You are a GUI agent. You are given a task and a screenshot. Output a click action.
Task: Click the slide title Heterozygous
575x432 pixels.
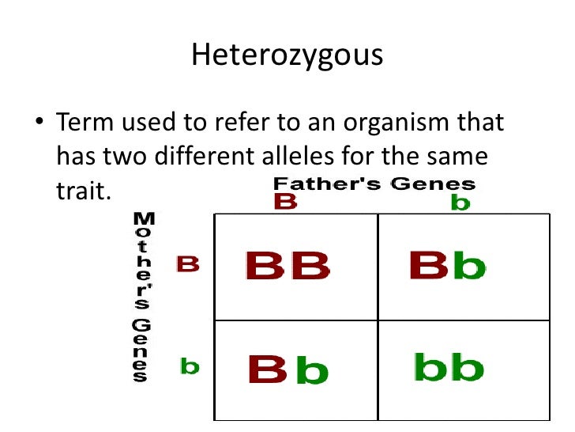(287, 55)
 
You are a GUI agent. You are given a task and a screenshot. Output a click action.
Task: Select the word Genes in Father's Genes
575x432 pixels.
(434, 185)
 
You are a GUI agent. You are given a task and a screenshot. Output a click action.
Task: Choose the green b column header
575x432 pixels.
(460, 203)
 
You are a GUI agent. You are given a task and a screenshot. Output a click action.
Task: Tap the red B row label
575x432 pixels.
(187, 263)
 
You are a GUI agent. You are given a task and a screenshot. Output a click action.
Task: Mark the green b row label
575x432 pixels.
(190, 366)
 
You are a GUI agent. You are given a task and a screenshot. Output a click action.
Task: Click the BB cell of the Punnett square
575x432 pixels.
(287, 266)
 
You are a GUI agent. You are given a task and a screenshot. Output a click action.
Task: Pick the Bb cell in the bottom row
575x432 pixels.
(287, 369)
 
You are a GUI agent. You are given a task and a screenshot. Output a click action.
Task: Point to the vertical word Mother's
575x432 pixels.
(142, 260)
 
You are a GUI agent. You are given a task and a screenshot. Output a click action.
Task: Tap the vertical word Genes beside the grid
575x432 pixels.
(140, 351)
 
